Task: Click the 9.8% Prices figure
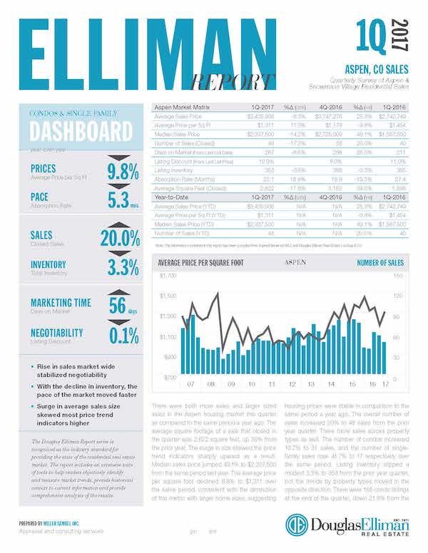pyautogui.click(x=119, y=172)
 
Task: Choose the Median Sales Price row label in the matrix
pyautogui.click(x=181, y=133)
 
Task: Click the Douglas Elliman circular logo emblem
pyautogui.click(x=297, y=524)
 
